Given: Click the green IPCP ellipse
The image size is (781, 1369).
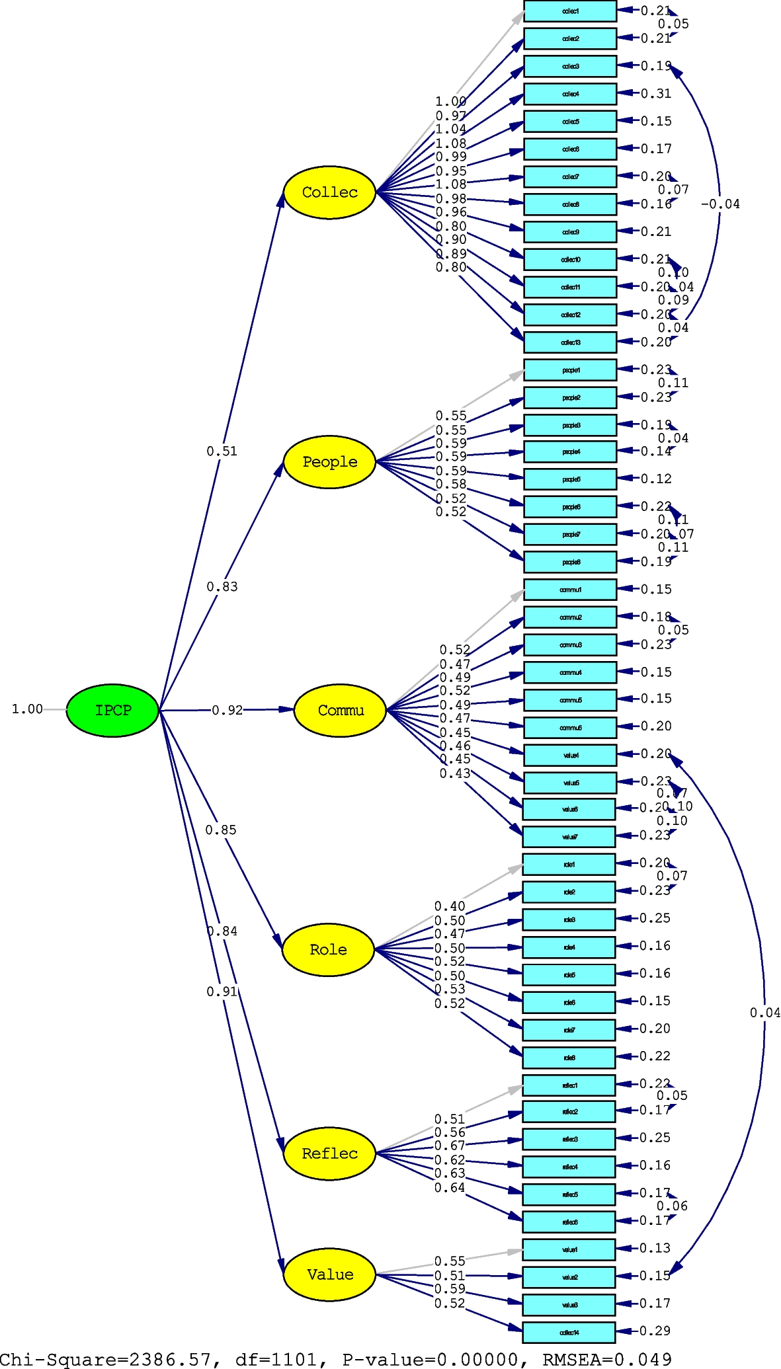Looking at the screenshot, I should tap(112, 710).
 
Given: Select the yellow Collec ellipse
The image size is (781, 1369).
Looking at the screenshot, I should tap(329, 192).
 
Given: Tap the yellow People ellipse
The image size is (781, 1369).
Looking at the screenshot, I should tap(329, 462).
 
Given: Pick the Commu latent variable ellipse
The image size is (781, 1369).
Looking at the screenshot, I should tap(340, 711).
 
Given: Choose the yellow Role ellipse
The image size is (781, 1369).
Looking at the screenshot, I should tap(328, 950).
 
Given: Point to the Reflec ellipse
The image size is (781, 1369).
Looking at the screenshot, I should tap(329, 1154).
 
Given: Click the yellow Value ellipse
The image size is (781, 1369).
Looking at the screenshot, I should tap(329, 1274).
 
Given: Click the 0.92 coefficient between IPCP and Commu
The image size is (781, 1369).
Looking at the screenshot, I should tap(227, 710).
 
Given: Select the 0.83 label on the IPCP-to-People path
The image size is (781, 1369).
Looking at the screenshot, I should tap(222, 586).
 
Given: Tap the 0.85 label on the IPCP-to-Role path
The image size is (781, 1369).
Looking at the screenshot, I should tap(220, 830).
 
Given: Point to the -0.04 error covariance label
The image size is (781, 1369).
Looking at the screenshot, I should tap(720, 204).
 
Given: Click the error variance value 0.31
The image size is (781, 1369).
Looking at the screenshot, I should tap(656, 94).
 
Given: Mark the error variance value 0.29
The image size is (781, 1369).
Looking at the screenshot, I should tap(655, 1331).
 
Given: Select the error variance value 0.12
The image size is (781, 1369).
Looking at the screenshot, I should tap(656, 479).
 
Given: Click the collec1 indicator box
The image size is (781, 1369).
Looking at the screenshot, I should tap(570, 11).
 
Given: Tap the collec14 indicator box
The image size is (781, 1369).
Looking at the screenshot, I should tap(569, 1332).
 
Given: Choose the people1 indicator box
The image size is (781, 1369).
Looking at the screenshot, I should tap(570, 370).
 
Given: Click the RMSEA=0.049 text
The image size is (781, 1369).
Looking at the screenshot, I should tap(606, 1359).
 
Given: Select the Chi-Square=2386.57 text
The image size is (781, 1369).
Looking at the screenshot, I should tap(106, 1359).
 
